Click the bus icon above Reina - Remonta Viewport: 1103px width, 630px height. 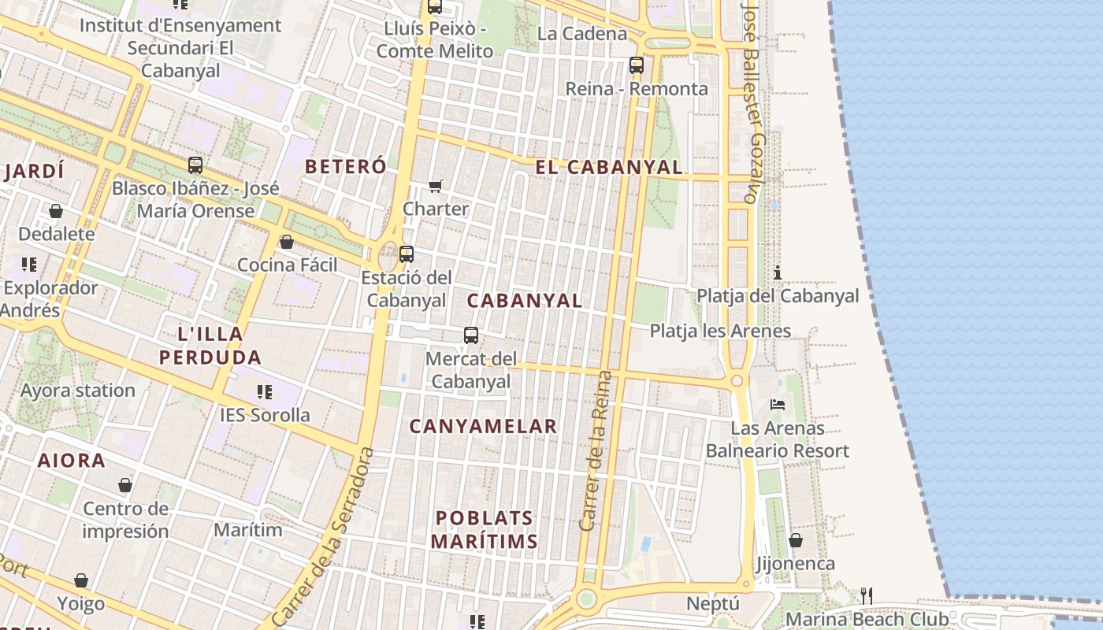point(637,65)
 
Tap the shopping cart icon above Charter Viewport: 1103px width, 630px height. point(436,187)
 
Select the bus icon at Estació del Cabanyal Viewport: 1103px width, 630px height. point(407,254)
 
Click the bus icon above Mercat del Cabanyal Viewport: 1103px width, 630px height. point(471,335)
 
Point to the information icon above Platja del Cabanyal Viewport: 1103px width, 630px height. point(778,272)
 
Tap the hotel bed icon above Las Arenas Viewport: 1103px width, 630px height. point(778,405)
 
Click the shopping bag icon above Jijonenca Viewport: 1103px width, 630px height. point(796,540)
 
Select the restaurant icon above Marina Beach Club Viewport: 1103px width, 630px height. point(867,595)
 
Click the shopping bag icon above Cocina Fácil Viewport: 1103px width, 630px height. point(287,242)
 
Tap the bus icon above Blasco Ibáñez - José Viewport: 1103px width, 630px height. point(195,165)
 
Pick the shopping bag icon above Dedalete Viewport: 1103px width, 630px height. point(56,211)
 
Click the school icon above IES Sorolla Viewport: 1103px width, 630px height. point(265,391)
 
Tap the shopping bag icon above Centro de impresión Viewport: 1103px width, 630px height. point(125,485)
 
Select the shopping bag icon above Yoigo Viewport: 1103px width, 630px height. point(81,581)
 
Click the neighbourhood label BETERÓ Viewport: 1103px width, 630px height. point(346,166)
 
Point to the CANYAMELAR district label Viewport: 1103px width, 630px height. point(483,426)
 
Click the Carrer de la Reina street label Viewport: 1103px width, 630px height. point(596,450)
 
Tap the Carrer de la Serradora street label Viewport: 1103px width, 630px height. point(323,537)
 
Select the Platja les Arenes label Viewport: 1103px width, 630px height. point(720,331)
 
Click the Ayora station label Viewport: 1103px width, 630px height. point(78,391)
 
